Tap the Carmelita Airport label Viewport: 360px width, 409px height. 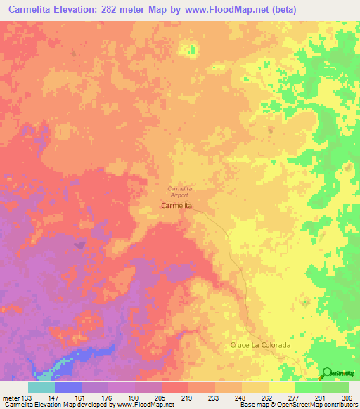(180, 191)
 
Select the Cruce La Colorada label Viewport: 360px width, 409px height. (260, 345)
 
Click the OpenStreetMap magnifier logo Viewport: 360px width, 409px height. (327, 375)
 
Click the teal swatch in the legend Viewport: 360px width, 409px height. (41, 387)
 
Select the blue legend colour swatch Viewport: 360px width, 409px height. (68, 387)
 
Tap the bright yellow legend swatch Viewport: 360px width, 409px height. (282, 387)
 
